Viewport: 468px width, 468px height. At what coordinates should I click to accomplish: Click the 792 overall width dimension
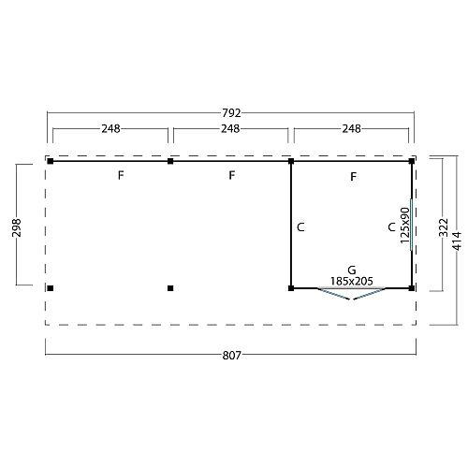[231, 113]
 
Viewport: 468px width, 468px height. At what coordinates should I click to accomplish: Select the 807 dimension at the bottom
[231, 355]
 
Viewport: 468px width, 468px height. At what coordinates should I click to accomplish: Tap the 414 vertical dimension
[457, 241]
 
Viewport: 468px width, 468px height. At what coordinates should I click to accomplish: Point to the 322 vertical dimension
[443, 227]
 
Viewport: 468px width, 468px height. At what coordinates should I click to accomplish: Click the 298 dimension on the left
[16, 227]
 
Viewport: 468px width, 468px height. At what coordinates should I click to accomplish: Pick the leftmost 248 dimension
[110, 128]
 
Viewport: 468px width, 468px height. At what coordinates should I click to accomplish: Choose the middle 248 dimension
[230, 128]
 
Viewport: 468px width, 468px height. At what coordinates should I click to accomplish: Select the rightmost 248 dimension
[351, 128]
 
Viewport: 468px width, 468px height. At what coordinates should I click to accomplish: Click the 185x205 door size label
[351, 281]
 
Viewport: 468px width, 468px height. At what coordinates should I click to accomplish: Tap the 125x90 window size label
[404, 225]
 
